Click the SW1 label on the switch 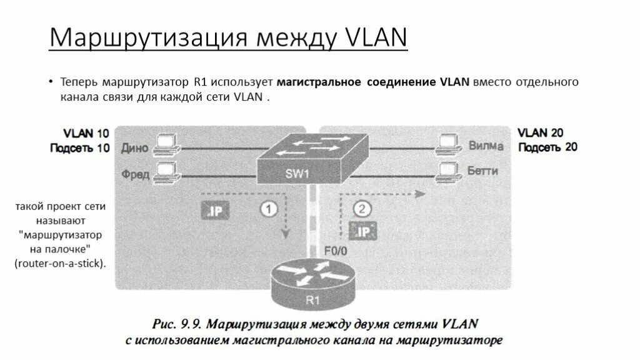[x=297, y=174]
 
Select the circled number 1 [x=268, y=209]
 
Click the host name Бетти [x=484, y=170]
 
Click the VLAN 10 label [x=86, y=133]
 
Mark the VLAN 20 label [x=541, y=132]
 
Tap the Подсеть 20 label [x=547, y=147]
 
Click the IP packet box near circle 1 [x=213, y=211]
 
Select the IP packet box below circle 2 [x=362, y=231]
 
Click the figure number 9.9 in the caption [x=186, y=325]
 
